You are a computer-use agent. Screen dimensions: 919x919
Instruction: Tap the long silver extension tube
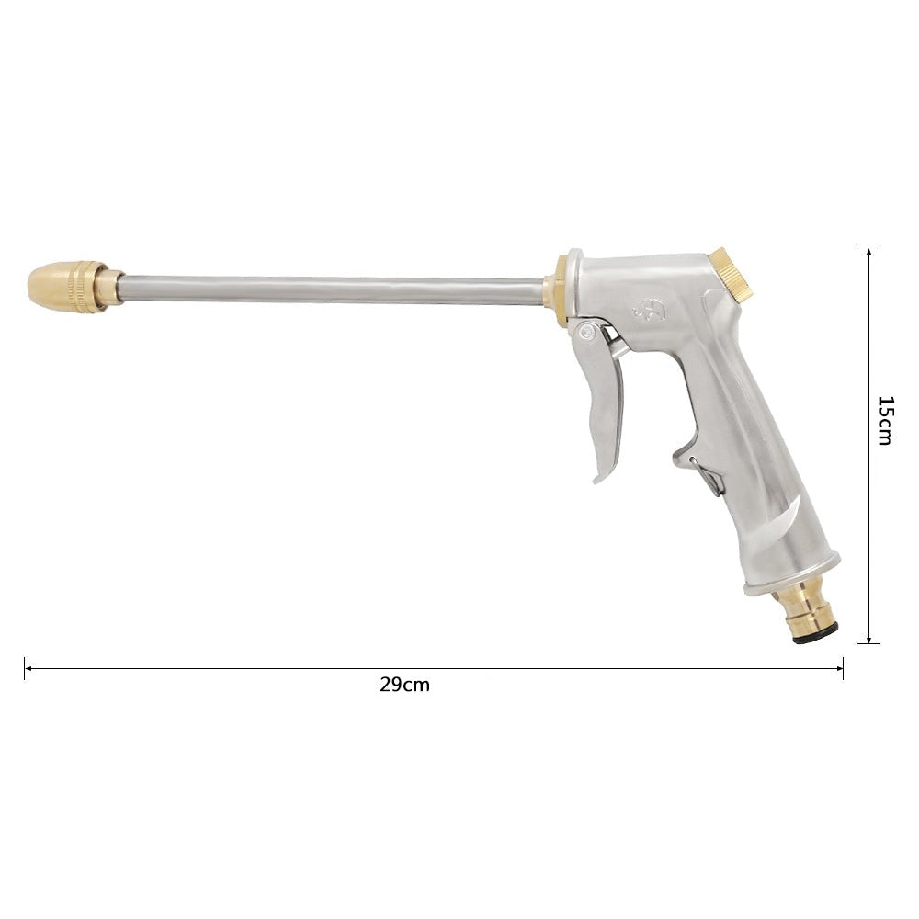(331, 290)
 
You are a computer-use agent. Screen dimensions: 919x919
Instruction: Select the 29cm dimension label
(404, 685)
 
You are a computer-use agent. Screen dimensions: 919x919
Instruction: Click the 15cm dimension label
(886, 420)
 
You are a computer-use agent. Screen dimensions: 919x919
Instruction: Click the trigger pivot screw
(586, 333)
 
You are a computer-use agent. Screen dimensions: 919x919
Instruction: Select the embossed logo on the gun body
(650, 312)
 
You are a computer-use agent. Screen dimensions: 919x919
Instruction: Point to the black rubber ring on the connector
(815, 633)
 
